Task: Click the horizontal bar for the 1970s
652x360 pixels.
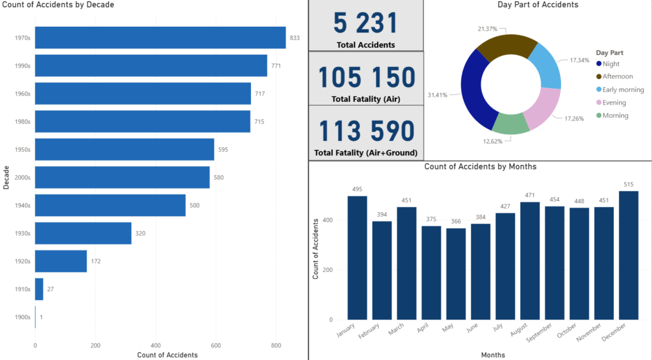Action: pyautogui.click(x=160, y=38)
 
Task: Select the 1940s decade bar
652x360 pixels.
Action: pyautogui.click(x=110, y=205)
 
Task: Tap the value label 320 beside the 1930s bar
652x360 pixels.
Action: pyautogui.click(x=140, y=233)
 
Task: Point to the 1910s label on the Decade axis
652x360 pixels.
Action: pyautogui.click(x=22, y=289)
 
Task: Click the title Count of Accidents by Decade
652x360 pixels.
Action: pyautogui.click(x=59, y=5)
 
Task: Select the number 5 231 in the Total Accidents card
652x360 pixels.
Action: pyautogui.click(x=365, y=24)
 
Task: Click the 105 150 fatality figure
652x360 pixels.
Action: pyautogui.click(x=365, y=78)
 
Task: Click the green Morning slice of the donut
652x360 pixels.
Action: pyautogui.click(x=511, y=123)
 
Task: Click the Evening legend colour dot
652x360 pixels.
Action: pyautogui.click(x=599, y=103)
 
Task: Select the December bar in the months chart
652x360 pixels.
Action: pyautogui.click(x=628, y=255)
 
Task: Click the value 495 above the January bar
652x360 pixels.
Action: pyautogui.click(x=357, y=189)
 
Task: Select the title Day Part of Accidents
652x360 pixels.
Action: pyautogui.click(x=538, y=5)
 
